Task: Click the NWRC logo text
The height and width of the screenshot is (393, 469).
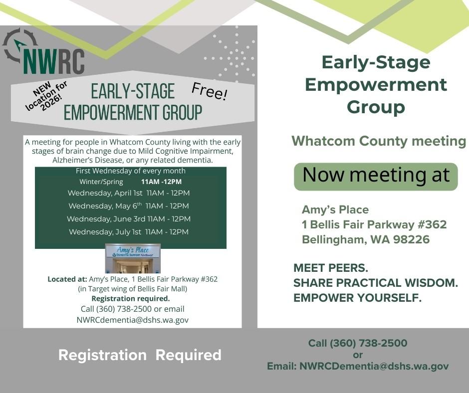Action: click(54, 60)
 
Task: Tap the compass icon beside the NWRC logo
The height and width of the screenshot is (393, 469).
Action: click(19, 45)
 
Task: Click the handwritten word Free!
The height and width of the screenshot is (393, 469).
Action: click(210, 91)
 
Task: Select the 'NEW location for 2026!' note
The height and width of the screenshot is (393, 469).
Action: click(47, 96)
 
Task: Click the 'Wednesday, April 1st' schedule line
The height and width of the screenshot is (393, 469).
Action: click(129, 193)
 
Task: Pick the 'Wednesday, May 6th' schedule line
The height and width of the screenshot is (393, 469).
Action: click(129, 206)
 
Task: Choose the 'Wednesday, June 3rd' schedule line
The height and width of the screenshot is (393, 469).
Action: click(129, 219)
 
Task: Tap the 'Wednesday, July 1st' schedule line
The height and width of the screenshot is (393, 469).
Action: click(129, 232)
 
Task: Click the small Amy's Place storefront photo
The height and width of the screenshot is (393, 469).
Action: click(133, 258)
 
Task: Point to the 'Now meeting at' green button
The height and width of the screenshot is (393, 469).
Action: click(376, 176)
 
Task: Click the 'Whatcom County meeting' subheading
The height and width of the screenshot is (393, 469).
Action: click(379, 141)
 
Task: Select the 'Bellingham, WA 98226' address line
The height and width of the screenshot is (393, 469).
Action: click(366, 240)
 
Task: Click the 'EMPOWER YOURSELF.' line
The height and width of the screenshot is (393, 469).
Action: click(358, 298)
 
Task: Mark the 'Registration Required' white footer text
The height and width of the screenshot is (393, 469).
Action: click(140, 355)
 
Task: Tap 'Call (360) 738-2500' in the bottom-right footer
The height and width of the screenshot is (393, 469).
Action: click(358, 343)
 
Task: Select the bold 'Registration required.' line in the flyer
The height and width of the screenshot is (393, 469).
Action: click(131, 299)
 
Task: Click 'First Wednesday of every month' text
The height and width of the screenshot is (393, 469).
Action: click(131, 171)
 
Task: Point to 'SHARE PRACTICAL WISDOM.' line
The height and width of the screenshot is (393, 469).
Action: click(376, 283)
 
